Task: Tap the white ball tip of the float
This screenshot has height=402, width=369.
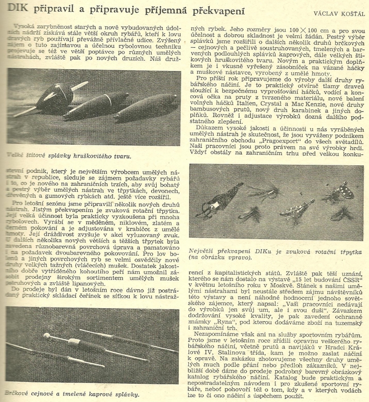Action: tap(46, 335)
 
